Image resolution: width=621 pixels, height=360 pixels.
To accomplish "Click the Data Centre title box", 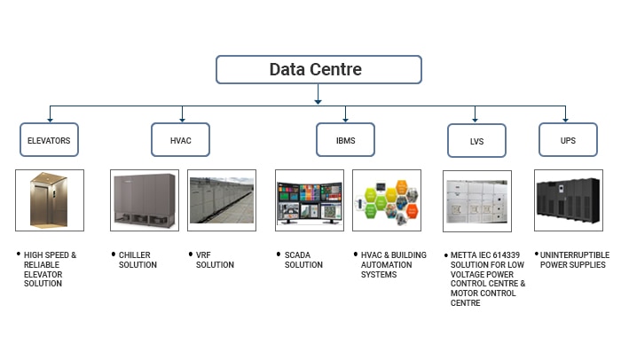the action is (318, 69).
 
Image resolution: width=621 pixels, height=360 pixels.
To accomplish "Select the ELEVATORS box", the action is (49, 140).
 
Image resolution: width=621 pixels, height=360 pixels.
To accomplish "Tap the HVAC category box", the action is (180, 140).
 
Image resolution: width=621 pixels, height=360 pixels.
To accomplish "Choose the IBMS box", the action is (345, 140).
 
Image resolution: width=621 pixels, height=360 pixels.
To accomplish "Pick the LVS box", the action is (476, 141).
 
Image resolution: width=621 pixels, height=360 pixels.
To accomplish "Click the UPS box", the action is (568, 140).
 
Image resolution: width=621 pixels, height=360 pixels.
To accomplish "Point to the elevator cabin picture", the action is (50, 200).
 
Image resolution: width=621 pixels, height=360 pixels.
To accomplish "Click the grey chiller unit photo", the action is (145, 200).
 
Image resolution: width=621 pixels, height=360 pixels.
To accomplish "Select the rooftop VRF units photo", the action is (222, 200).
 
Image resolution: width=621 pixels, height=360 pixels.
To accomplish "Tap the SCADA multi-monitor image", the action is (310, 200).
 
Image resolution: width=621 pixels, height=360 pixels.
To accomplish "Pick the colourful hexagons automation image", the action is (387, 200).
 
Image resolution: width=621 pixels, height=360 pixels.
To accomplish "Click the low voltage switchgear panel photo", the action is (477, 201).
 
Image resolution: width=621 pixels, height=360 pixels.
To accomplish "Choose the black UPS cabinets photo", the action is (569, 200).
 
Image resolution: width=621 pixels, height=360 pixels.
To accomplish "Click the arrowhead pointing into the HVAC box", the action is (182, 120).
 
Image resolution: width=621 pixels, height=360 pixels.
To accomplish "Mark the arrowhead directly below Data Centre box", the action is (318, 102).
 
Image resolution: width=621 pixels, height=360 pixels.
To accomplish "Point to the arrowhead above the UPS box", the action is (566, 120).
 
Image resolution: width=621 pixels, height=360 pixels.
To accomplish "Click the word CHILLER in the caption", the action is (135, 255).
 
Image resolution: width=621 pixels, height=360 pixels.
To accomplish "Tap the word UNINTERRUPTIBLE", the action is (575, 255).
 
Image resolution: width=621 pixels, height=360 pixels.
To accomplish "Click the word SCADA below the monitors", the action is (297, 255).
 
